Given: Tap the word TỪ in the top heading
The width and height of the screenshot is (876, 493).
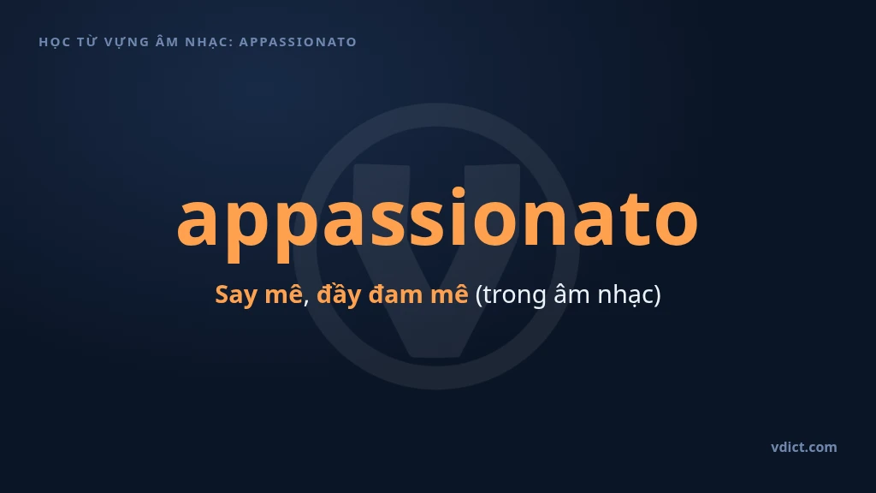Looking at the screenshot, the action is pos(87,41).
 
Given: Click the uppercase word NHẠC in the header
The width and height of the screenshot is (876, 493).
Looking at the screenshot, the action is pos(207,43).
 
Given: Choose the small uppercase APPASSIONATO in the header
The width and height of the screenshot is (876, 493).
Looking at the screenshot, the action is pos(298,42).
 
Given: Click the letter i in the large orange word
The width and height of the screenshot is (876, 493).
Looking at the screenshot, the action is pos(459,217).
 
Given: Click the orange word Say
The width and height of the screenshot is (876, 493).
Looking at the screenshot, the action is pos(236,295).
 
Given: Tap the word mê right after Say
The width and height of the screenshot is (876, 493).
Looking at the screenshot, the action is pos(283,294).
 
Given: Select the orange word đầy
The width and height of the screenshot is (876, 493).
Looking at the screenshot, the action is pos(339,294).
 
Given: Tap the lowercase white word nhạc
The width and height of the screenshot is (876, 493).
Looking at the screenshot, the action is pos(624,295).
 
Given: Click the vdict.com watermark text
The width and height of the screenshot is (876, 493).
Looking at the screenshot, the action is pos(804,447).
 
